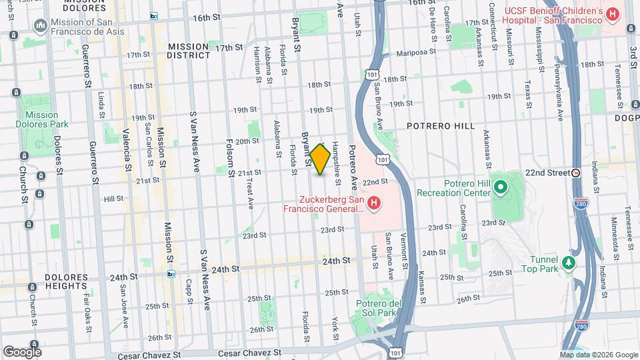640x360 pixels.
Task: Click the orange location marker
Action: point(321,159)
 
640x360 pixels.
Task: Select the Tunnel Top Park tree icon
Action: point(568,263)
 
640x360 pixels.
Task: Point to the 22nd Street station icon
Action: point(576,172)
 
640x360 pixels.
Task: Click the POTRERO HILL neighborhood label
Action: point(442,125)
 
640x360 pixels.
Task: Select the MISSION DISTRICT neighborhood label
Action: point(189,51)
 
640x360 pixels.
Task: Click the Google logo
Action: point(21,351)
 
